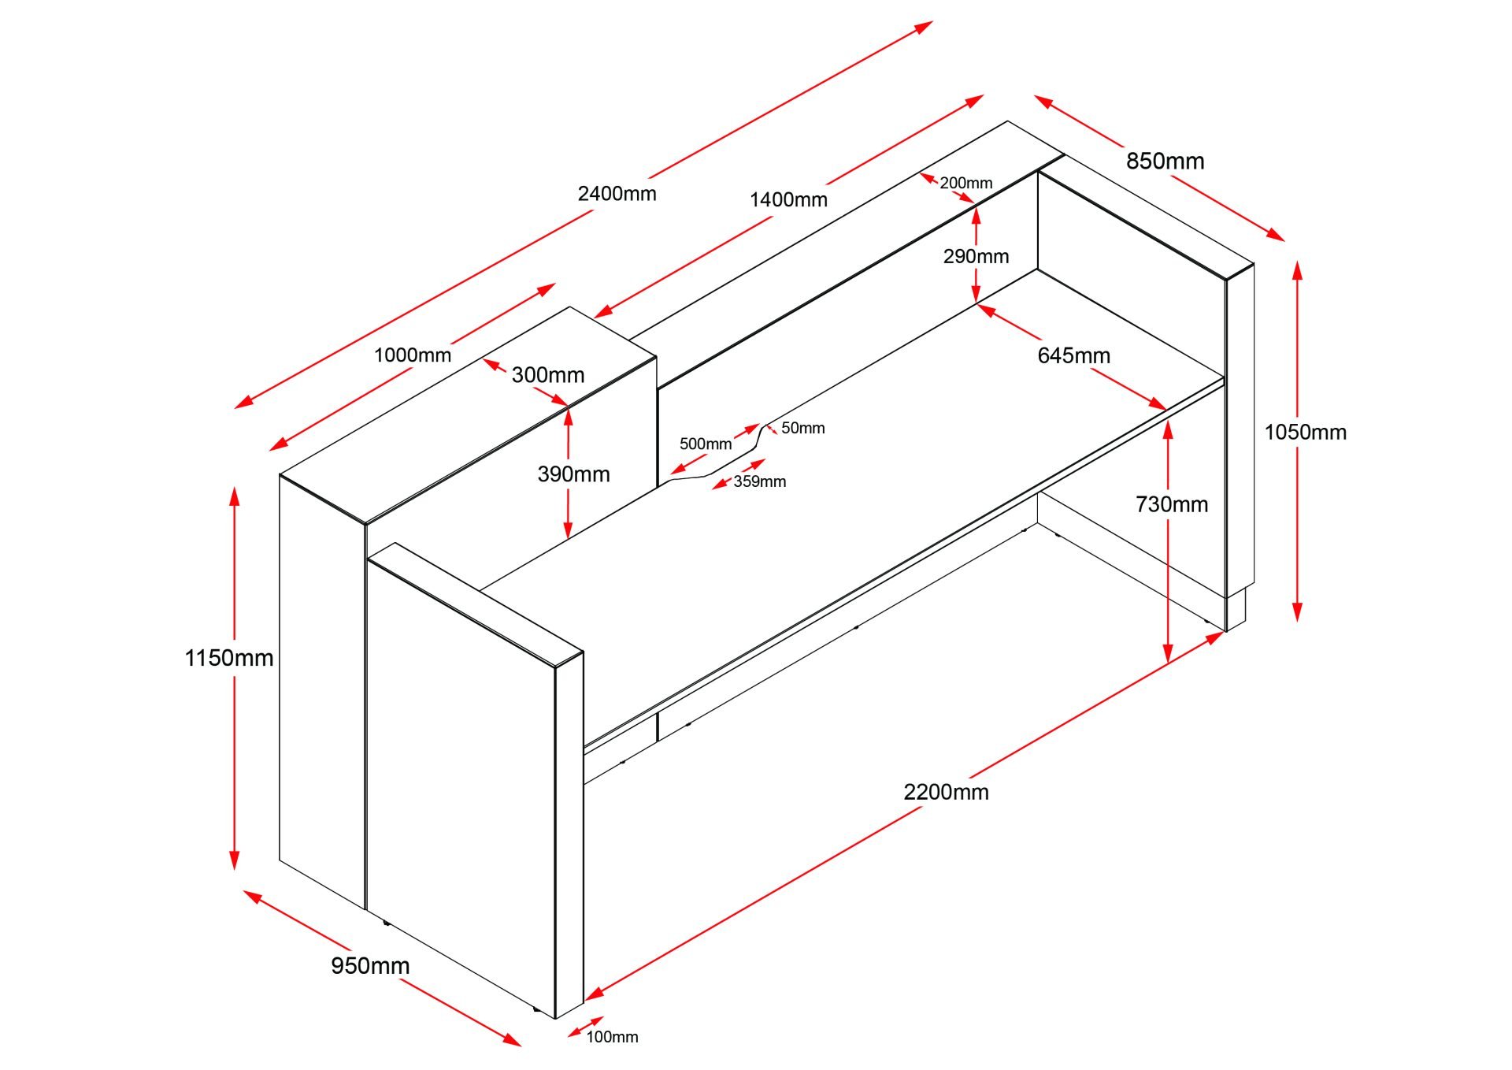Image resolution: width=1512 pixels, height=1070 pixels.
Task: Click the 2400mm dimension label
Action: tap(617, 193)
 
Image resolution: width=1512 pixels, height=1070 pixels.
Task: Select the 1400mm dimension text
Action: tap(788, 199)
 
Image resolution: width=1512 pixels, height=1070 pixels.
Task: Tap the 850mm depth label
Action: tap(1165, 161)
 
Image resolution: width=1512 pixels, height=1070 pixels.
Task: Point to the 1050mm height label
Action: tap(1305, 432)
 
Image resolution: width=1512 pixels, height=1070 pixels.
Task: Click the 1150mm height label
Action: tap(228, 657)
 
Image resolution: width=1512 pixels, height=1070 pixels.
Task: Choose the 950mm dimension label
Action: tap(370, 965)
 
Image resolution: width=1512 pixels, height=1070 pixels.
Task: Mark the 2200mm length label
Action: tap(946, 791)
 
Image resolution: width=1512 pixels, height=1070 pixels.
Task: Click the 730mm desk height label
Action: tap(1171, 504)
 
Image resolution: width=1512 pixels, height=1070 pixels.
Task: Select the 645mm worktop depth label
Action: tap(1073, 355)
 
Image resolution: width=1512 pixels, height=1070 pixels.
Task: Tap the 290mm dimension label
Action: tap(976, 256)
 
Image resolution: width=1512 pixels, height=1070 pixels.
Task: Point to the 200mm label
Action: tap(965, 183)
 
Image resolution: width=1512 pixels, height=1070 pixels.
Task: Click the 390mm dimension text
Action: tap(573, 474)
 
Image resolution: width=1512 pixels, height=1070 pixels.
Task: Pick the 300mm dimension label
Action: tap(547, 375)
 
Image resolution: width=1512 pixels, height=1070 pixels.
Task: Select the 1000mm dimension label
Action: tap(412, 355)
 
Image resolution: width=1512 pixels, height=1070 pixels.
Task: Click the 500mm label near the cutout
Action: tap(705, 444)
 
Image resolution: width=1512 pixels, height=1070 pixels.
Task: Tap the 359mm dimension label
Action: tap(759, 481)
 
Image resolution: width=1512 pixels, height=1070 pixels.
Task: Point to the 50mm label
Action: tap(802, 428)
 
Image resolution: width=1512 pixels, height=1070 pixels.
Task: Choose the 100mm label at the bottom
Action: tap(612, 1037)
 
